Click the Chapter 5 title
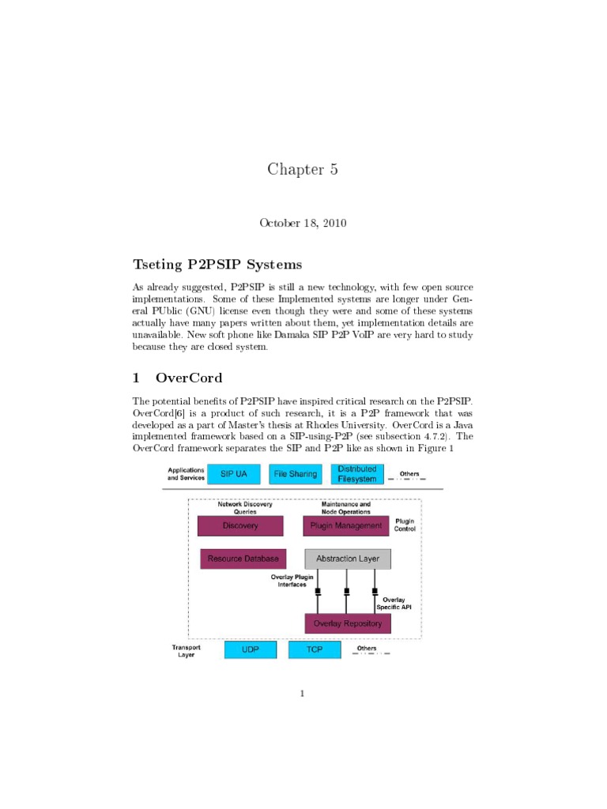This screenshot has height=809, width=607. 303,169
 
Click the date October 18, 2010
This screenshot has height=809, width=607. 303,223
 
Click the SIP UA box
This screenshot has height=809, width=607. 233,474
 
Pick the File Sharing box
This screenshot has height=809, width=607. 294,474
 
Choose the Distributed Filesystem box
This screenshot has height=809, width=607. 357,473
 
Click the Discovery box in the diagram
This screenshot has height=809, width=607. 240,526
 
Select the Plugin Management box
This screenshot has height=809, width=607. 346,526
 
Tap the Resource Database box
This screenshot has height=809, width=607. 243,559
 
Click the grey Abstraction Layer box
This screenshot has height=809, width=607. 347,559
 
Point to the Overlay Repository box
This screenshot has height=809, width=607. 347,623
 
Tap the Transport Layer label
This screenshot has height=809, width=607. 187,651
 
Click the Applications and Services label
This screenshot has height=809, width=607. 187,474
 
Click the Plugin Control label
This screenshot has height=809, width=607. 404,525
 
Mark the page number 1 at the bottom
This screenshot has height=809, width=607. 302,694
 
